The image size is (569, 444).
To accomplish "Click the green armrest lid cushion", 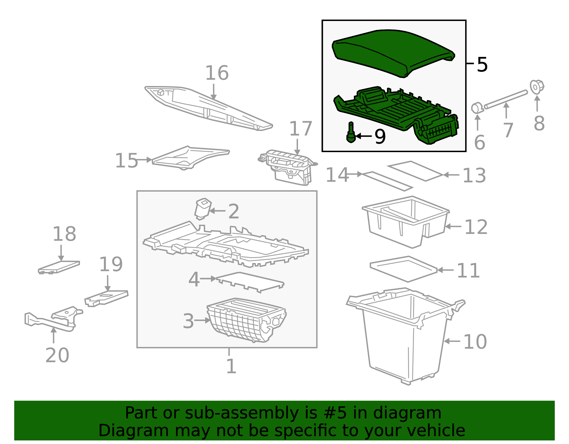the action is (393, 52).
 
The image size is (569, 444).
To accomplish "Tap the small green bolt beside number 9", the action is (351, 132).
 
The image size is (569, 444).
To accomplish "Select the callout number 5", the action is (482, 65).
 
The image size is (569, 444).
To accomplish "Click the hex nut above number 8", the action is (537, 87).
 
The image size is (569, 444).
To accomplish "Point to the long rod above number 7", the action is (506, 100).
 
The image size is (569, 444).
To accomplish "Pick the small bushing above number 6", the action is (477, 108).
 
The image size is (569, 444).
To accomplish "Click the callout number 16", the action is (217, 73).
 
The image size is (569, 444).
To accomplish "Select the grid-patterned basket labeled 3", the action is (246, 320).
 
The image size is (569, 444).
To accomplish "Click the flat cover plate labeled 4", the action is (250, 282).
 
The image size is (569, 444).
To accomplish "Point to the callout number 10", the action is (475, 342).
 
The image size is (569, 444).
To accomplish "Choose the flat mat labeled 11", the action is (403, 269).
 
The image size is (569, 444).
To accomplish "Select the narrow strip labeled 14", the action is (387, 181).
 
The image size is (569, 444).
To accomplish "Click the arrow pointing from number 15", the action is (144, 160).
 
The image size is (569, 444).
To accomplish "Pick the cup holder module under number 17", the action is (288, 167).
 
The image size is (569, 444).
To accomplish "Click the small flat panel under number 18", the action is (59, 267).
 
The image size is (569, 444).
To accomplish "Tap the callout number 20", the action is (57, 355).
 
